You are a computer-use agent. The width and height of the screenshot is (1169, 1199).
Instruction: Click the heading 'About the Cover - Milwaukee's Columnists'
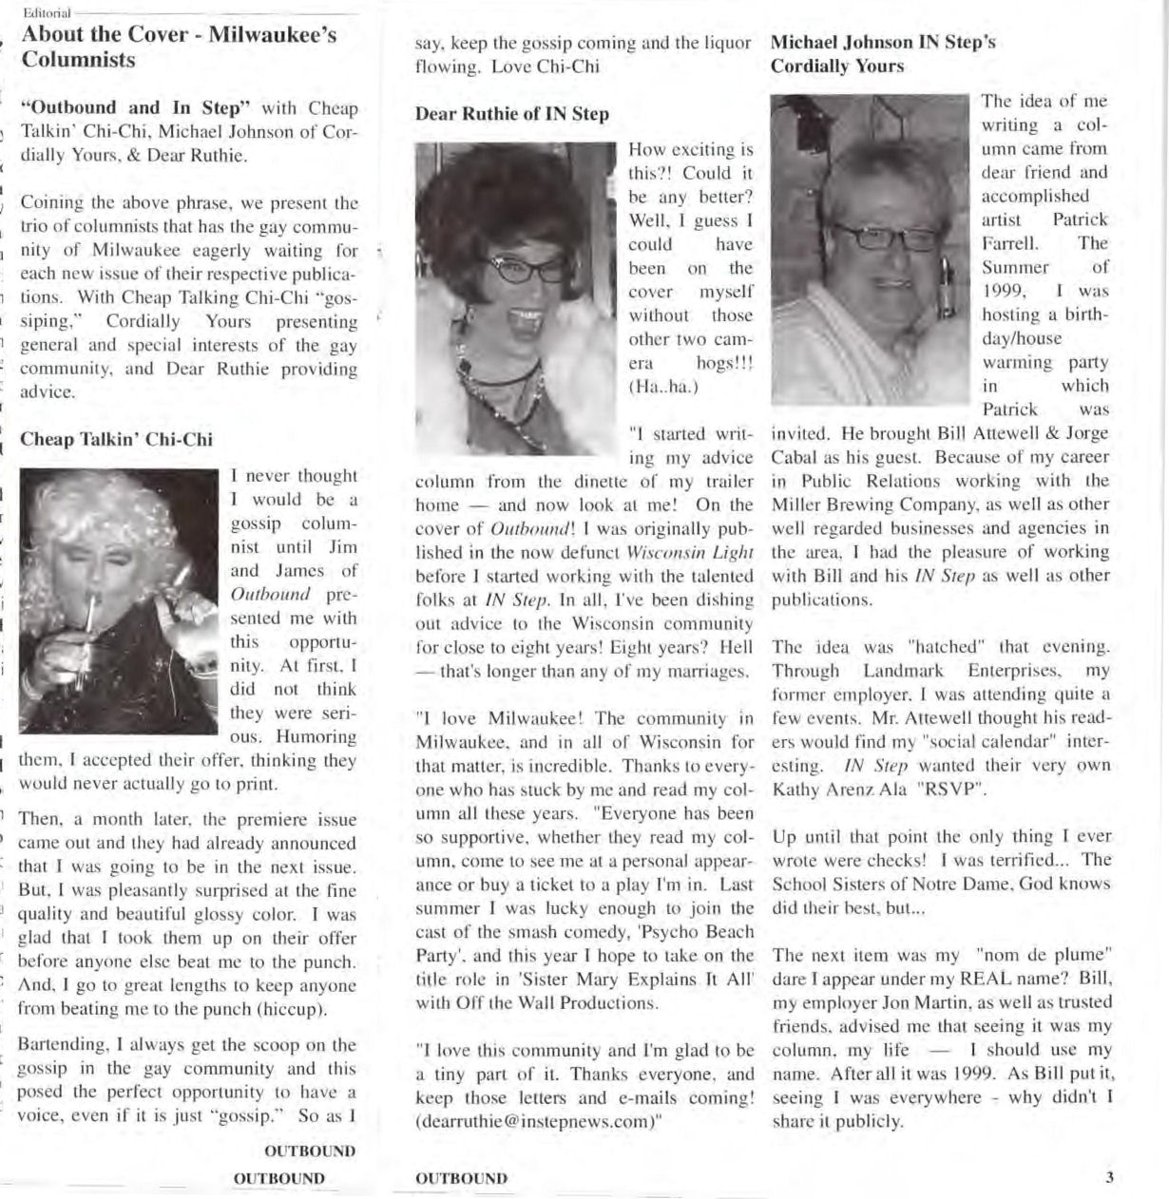(x=179, y=48)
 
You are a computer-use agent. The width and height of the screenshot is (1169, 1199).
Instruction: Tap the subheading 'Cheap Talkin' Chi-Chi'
(x=116, y=440)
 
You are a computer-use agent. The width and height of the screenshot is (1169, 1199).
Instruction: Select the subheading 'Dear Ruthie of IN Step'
(x=511, y=114)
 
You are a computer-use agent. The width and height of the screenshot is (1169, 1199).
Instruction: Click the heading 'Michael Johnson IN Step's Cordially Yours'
(x=882, y=54)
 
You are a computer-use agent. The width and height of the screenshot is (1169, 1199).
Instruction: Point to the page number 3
(x=1108, y=1178)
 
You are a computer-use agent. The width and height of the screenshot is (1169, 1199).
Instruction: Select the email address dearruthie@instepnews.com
(x=538, y=1121)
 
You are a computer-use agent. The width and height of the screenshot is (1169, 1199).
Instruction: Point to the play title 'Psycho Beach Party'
(x=584, y=943)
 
